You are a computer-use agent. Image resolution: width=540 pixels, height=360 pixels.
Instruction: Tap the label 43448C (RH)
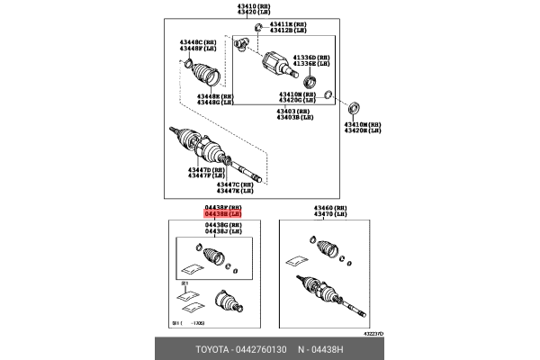click(x=196, y=43)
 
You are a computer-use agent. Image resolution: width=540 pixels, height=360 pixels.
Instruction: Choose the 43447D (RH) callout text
click(x=206, y=168)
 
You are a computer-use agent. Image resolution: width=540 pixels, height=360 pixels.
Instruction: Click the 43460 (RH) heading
click(x=329, y=207)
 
